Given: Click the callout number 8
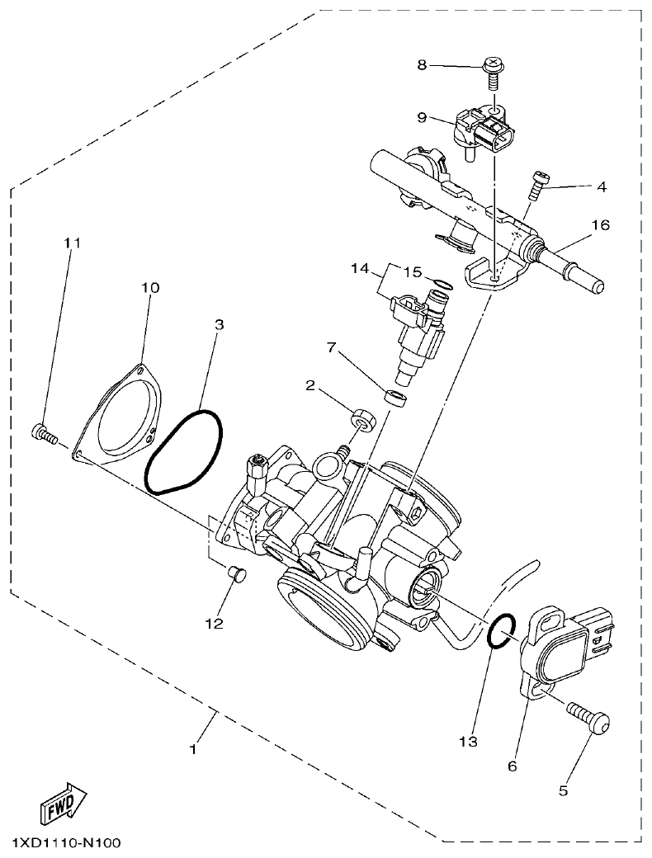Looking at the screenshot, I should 422,64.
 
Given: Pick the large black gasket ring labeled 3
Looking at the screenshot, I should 183,450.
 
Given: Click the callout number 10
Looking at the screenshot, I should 150,288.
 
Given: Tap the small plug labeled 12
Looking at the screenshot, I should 235,574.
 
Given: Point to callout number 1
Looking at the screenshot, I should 193,749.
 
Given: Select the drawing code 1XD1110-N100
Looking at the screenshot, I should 66,843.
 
